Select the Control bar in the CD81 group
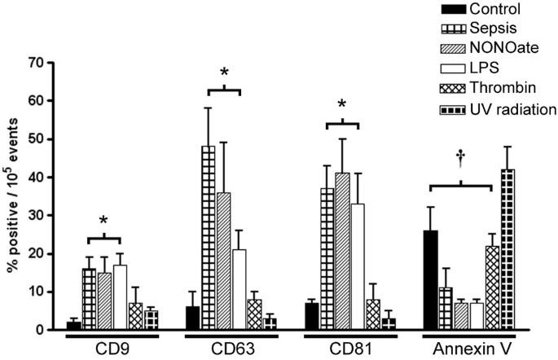tap(310, 316)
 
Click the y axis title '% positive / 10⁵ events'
tap(14, 195)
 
